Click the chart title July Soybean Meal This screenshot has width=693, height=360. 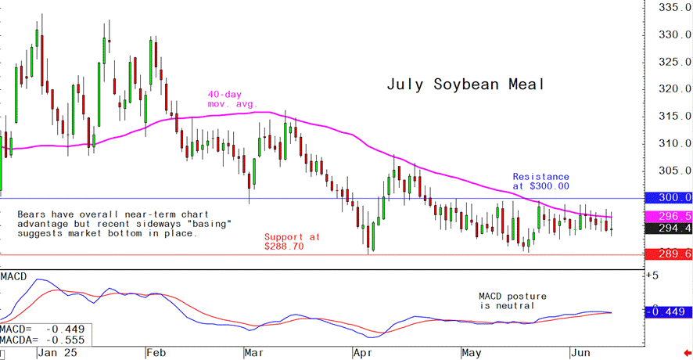465,85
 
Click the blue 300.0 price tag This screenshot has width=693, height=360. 667,198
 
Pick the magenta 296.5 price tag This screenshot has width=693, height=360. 667,215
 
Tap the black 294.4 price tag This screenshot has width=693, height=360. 667,229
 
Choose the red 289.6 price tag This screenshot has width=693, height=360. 667,254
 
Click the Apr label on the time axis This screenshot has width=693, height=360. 362,354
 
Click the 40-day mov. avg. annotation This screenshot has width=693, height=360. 232,99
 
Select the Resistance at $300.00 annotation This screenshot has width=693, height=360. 540,182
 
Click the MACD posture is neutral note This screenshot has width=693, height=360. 512,301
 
